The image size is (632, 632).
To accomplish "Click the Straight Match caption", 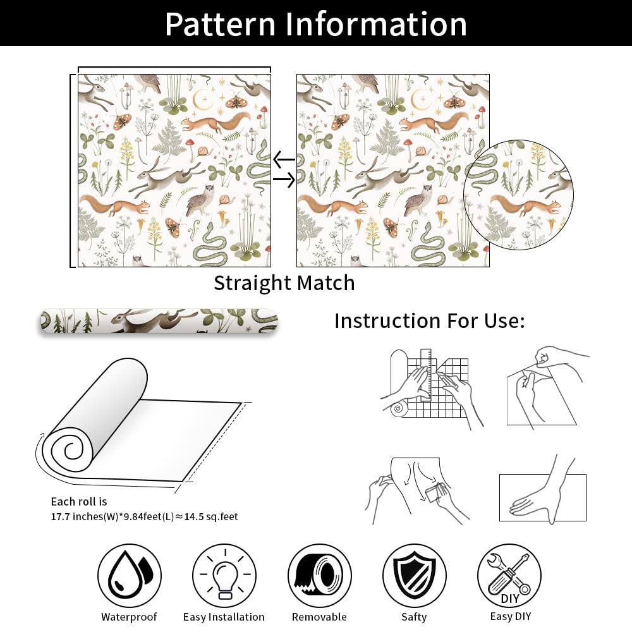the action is [x=284, y=283].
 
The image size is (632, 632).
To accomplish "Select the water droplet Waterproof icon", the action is [x=130, y=576].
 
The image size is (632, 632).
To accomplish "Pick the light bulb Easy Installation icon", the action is [x=224, y=576].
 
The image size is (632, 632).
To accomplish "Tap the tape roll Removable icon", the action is [x=319, y=576].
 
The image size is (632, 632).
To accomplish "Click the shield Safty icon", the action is [x=415, y=576].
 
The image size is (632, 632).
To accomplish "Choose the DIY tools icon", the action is [x=509, y=576].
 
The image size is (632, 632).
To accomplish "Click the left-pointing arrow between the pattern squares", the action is [x=284, y=160].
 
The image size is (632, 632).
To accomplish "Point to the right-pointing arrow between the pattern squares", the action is [x=284, y=179].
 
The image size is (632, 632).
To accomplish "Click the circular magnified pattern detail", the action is [x=518, y=195].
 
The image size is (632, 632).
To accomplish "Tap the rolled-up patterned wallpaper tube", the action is [x=159, y=321].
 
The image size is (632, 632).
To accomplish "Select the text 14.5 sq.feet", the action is [x=211, y=516].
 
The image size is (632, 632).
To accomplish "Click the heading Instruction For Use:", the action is [x=430, y=321].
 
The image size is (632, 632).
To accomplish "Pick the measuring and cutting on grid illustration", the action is [x=431, y=389].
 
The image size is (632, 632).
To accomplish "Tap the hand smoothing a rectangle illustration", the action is [x=542, y=491].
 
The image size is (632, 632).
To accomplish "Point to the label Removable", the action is [x=319, y=617].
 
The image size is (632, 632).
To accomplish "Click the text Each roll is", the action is [x=79, y=501].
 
